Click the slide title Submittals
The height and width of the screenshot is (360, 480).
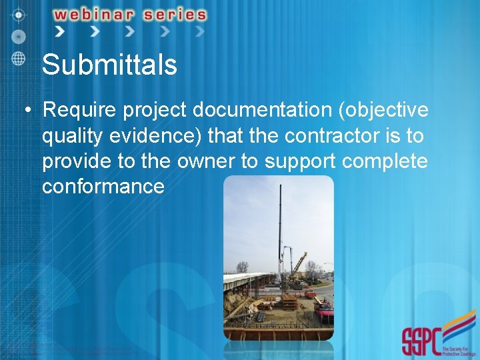[x=109, y=65]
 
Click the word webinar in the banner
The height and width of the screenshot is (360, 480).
[x=101, y=14]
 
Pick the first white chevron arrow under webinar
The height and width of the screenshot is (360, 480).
[x=60, y=31]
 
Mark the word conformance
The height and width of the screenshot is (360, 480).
[x=103, y=186]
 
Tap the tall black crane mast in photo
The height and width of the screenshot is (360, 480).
[x=279, y=227]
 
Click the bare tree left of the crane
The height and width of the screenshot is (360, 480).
[x=241, y=267]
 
